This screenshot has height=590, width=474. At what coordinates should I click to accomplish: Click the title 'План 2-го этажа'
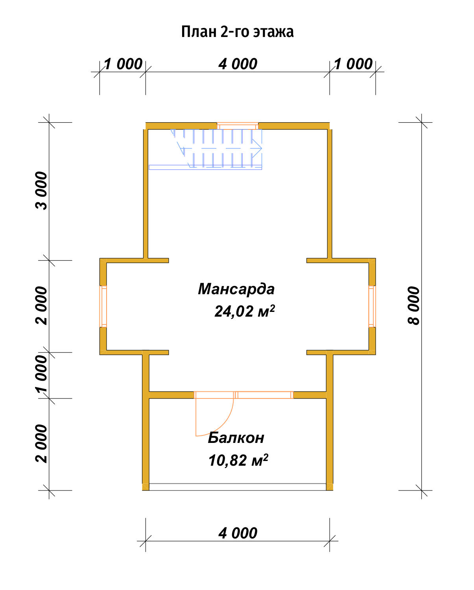(x=238, y=32)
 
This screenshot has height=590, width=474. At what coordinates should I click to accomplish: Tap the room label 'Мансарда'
(x=236, y=289)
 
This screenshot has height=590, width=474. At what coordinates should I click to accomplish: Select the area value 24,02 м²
(x=245, y=311)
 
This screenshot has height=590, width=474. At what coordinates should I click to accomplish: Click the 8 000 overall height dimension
(x=414, y=305)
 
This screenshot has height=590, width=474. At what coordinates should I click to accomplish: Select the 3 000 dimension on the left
(x=41, y=191)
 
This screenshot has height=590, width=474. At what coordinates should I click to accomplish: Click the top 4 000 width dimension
(x=238, y=64)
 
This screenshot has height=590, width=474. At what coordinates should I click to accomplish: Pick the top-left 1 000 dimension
(x=123, y=64)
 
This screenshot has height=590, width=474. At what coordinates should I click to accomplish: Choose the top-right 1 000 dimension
(x=353, y=64)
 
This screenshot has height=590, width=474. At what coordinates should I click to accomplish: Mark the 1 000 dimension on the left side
(x=41, y=375)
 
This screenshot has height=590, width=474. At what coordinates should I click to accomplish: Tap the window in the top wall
(x=238, y=126)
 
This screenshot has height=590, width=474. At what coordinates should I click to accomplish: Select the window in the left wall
(x=103, y=306)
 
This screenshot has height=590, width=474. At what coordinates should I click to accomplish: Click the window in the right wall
(x=372, y=306)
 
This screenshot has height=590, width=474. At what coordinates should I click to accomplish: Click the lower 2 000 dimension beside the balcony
(x=41, y=444)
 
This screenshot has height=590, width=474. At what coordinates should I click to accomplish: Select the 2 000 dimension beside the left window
(x=41, y=306)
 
